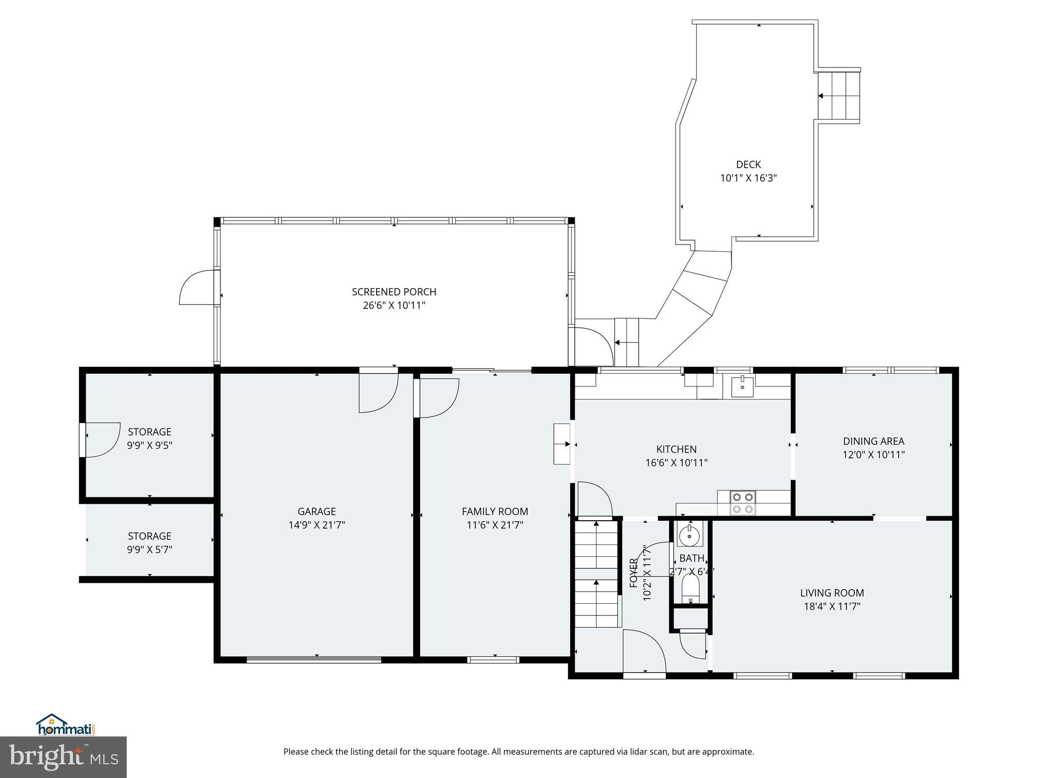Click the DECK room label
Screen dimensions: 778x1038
click(x=748, y=165)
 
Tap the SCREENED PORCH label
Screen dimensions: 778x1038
click(x=394, y=292)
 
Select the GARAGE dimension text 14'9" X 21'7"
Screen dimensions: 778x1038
click(x=317, y=525)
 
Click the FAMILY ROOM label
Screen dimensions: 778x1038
click(x=495, y=512)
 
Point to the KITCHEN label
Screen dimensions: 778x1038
click(x=676, y=449)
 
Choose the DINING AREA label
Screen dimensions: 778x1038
click(x=873, y=441)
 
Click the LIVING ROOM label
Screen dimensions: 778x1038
click(x=832, y=593)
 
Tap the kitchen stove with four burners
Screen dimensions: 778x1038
click(x=743, y=503)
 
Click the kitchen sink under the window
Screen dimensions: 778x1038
click(x=742, y=387)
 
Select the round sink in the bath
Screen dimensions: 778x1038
click(x=689, y=535)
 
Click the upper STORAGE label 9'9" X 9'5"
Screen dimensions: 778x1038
click(x=150, y=439)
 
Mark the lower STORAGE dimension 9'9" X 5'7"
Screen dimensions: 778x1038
click(x=150, y=550)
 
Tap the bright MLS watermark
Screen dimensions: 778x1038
click(x=63, y=758)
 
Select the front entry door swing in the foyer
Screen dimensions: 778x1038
click(x=644, y=651)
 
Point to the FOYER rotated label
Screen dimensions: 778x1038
click(x=634, y=573)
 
